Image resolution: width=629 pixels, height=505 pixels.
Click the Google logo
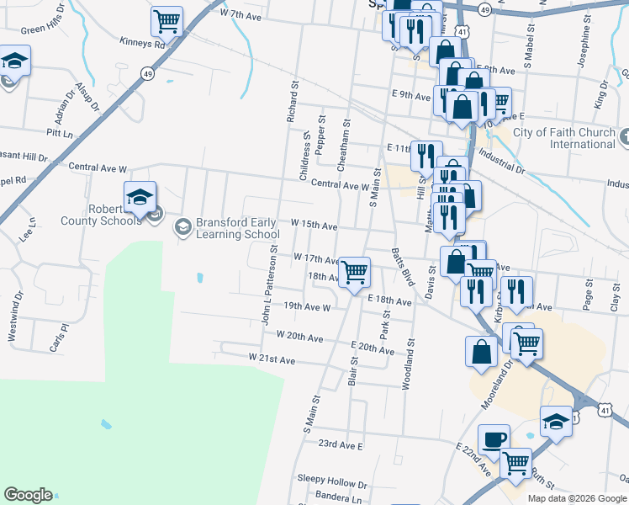click(28, 495)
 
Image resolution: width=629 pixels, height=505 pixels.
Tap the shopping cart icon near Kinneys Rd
click(167, 22)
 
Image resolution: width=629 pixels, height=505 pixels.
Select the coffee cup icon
click(494, 439)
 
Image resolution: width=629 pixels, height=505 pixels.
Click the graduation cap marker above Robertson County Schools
click(140, 197)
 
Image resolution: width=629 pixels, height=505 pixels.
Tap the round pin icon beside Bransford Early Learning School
click(182, 226)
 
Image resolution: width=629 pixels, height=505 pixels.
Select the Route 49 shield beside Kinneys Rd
click(148, 74)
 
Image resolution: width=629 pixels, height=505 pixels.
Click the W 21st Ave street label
click(272, 359)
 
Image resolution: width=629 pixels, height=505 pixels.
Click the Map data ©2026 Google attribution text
click(577, 497)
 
